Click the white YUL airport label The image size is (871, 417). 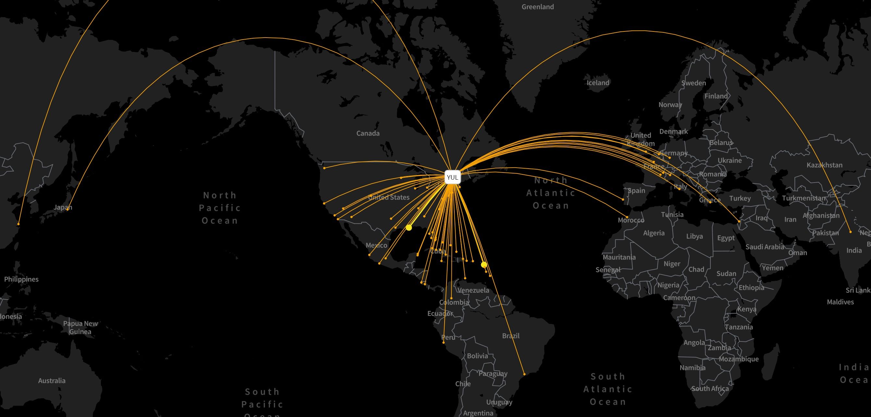pyautogui.click(x=452, y=177)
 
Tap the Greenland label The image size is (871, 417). pyautogui.click(x=538, y=7)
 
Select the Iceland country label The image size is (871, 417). pyautogui.click(x=598, y=83)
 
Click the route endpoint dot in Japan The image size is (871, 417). pyautogui.click(x=67, y=209)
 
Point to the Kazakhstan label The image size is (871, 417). pyautogui.click(x=824, y=165)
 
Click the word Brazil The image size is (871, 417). pyautogui.click(x=510, y=336)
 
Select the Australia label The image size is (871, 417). pyautogui.click(x=52, y=381)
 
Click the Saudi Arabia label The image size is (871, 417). pyautogui.click(x=765, y=247)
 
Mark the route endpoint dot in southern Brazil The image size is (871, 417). pyautogui.click(x=524, y=374)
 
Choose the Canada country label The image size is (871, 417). pyautogui.click(x=368, y=134)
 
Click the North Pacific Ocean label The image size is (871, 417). pyautogui.click(x=220, y=208)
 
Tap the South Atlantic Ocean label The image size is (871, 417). pyautogui.click(x=607, y=389)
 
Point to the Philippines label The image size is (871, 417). pyautogui.click(x=21, y=280)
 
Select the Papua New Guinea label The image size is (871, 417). pyautogui.click(x=80, y=328)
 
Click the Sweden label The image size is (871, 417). pyautogui.click(x=693, y=83)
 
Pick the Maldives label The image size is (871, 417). pyautogui.click(x=840, y=302)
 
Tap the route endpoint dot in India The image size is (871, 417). pyautogui.click(x=850, y=232)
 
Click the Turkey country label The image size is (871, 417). pyautogui.click(x=740, y=199)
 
